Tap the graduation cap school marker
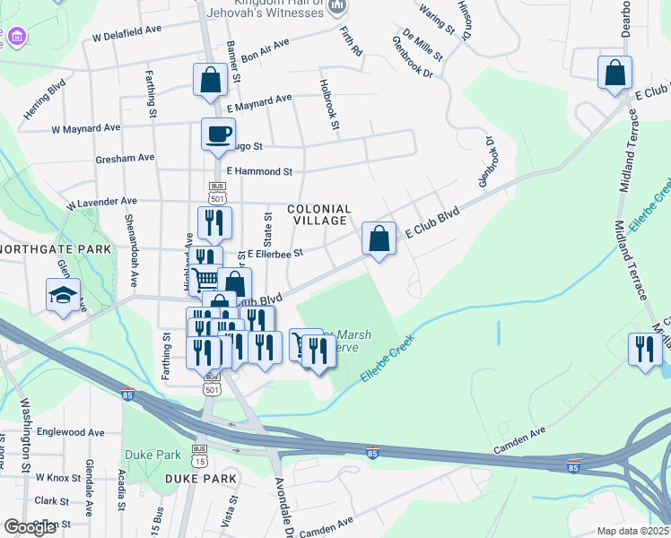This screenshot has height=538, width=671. coord(64,296)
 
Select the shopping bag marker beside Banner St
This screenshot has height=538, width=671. coord(209,80)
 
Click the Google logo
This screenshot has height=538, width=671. coord(30,527)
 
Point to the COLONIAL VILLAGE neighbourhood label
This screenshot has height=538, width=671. coord(318,214)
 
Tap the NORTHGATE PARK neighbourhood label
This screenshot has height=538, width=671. coord(56,249)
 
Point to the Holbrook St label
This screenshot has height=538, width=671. coord(327,106)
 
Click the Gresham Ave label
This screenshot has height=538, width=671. coord(125,158)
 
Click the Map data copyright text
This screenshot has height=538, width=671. coord(633,531)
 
